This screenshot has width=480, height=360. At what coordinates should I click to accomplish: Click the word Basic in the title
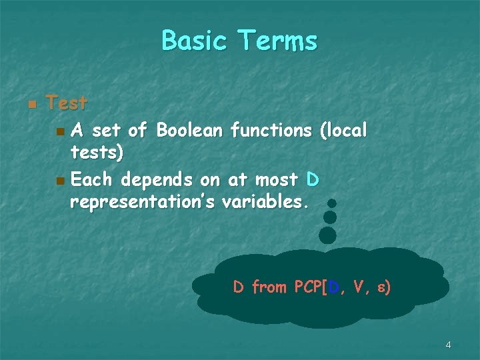(195, 41)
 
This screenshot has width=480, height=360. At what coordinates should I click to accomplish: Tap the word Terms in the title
(279, 41)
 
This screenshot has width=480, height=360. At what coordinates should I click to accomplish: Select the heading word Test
(67, 103)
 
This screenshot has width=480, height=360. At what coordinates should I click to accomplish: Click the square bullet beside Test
(31, 105)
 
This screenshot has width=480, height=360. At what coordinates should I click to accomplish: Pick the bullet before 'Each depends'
(61, 181)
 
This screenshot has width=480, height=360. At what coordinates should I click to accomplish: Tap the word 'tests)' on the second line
(97, 153)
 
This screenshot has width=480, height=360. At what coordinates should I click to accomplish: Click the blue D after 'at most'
(313, 180)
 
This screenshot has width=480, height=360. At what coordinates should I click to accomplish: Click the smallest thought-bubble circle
(332, 203)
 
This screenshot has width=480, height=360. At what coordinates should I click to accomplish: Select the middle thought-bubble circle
(329, 217)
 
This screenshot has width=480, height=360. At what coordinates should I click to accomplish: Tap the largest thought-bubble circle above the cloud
(327, 235)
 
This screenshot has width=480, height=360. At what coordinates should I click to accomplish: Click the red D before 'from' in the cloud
(239, 287)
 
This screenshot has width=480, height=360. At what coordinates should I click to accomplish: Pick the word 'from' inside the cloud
(269, 287)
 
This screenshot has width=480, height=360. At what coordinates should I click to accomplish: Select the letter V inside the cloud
(359, 287)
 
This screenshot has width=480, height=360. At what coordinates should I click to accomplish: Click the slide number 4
(448, 345)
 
